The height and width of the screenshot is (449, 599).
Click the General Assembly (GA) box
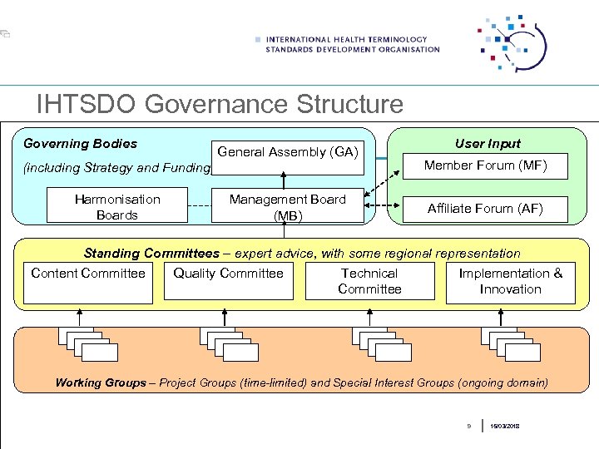point(287,152)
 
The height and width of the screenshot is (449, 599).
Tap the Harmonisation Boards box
point(116,207)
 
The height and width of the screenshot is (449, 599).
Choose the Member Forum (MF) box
point(485,165)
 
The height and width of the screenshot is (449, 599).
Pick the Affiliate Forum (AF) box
point(485,209)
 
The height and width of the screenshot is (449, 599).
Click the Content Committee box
point(87,281)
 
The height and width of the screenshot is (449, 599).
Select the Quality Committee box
point(228,281)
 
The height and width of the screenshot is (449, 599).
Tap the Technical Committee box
point(369,281)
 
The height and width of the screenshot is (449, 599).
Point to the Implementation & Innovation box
point(510,281)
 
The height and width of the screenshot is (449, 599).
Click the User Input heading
point(488,144)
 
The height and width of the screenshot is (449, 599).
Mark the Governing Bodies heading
point(80,144)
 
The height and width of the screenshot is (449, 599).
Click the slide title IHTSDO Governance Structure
point(220,105)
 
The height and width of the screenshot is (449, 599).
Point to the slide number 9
point(468,426)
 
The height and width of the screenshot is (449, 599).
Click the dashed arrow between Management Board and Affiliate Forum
point(384,207)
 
